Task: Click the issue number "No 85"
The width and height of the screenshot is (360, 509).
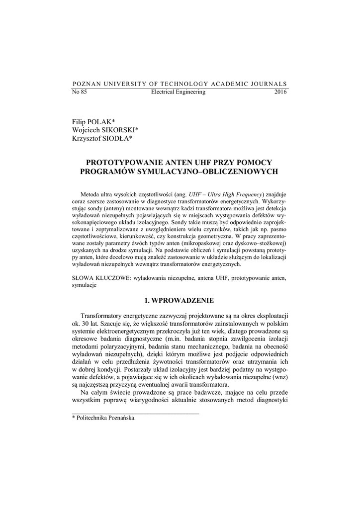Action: [x=80, y=92]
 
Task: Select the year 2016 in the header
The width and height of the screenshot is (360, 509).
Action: [x=280, y=92]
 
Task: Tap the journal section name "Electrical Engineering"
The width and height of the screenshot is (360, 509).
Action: [x=178, y=92]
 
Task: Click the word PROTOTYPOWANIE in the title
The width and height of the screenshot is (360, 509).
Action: [x=126, y=163]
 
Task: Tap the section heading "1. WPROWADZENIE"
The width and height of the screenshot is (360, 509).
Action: [x=180, y=301]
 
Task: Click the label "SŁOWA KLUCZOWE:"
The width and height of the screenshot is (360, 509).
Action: [x=101, y=279]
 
